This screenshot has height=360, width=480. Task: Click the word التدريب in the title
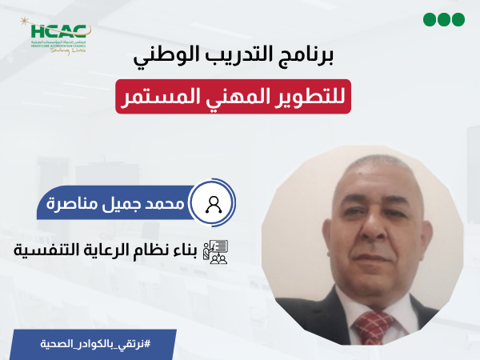tap(254, 59)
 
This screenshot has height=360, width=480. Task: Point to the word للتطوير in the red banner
tap(317, 99)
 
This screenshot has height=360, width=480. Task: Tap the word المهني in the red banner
tap(235, 99)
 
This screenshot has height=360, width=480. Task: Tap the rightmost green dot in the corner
tap(459, 20)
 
